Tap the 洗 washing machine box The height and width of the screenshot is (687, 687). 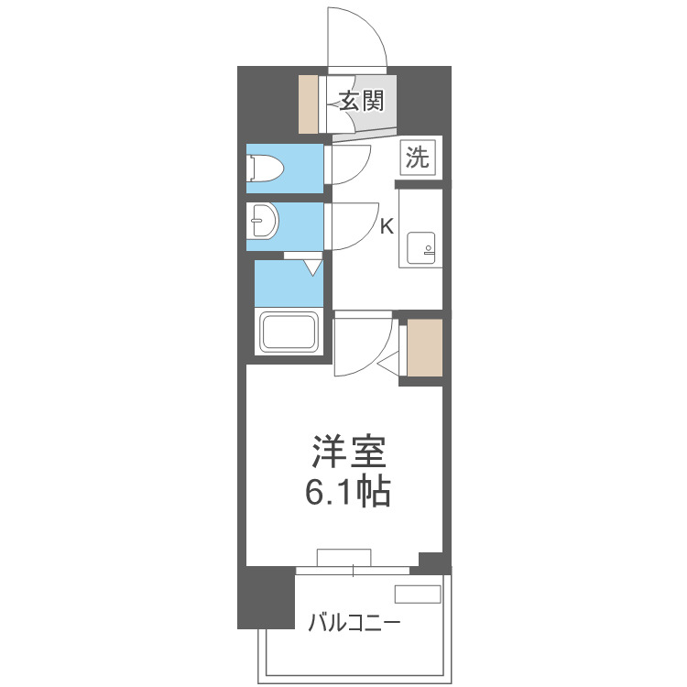click(x=417, y=158)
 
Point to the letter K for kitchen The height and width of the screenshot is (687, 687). click(x=387, y=227)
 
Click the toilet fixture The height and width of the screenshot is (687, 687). click(x=265, y=169)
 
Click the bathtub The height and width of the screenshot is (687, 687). click(x=289, y=333)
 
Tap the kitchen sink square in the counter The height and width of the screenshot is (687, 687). click(x=422, y=247)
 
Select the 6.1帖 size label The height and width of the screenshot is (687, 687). click(x=347, y=494)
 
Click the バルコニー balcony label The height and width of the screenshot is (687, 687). click(x=353, y=624)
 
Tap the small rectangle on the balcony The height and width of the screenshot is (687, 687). click(x=418, y=594)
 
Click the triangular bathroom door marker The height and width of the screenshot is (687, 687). click(x=312, y=267)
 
